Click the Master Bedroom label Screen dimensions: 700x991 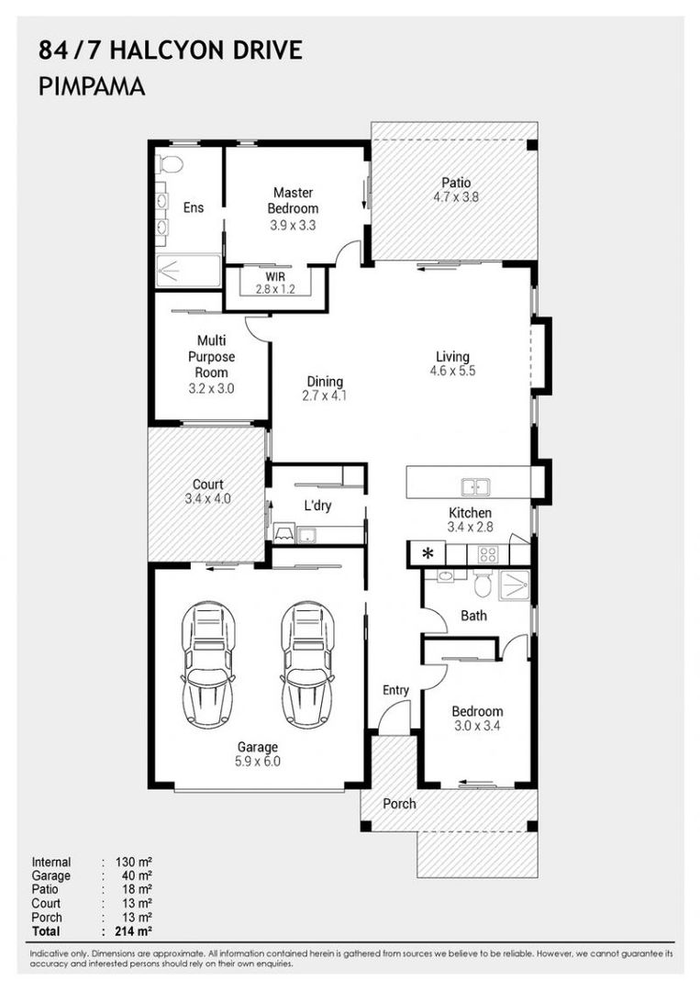293,200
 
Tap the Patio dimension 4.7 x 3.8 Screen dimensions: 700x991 456,197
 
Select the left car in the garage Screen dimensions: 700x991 208,663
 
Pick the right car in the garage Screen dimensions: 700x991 307,663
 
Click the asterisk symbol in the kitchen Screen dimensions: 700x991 428,554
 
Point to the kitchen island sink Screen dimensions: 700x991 475,487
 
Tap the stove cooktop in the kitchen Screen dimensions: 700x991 488,555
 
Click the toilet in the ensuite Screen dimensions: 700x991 170,163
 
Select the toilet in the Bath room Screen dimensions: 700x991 483,585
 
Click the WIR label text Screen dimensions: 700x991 275,277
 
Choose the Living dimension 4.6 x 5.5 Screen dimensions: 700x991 452,372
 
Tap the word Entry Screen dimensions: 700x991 395,690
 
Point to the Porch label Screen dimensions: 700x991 399,804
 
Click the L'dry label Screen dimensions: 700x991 317,505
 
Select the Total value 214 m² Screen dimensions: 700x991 133,931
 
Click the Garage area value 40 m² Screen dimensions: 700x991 137,876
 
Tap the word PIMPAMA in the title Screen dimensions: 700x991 92,86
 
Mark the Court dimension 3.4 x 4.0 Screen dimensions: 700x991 208,498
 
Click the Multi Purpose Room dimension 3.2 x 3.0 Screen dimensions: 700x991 211,389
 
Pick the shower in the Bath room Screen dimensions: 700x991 515,585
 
